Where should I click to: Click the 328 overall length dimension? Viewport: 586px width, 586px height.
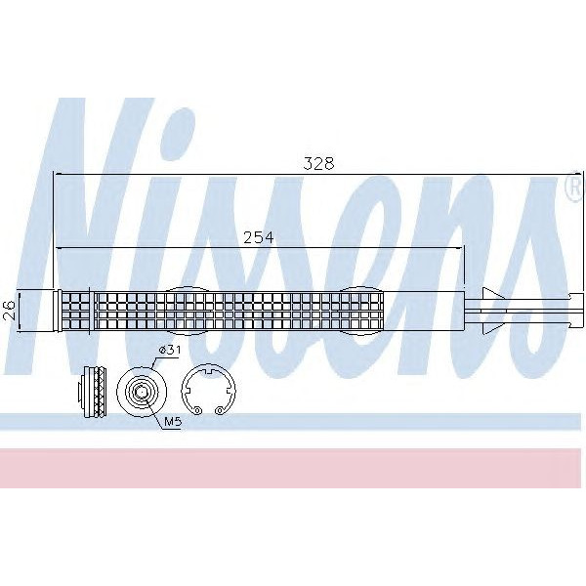[x=317, y=164]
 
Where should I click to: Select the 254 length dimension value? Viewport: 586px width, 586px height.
[x=257, y=237]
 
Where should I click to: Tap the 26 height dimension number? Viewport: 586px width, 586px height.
[x=9, y=309]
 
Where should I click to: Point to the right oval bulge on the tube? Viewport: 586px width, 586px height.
[x=363, y=310]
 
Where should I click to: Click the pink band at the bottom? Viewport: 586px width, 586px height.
[x=293, y=468]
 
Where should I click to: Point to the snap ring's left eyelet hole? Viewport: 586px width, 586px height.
[x=197, y=410]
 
